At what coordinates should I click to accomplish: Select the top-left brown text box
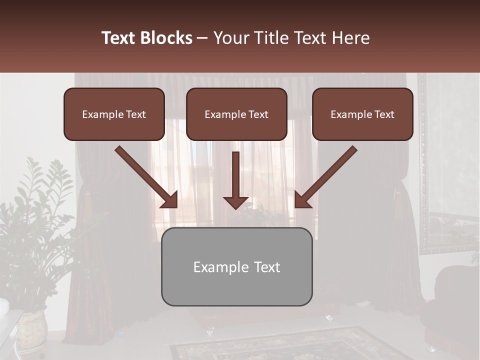[x=114, y=114]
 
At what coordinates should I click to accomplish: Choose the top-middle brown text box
[x=236, y=114]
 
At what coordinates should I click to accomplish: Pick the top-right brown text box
[x=362, y=114]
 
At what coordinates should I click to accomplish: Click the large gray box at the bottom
[x=236, y=267]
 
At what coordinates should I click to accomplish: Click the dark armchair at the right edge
[x=452, y=305]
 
